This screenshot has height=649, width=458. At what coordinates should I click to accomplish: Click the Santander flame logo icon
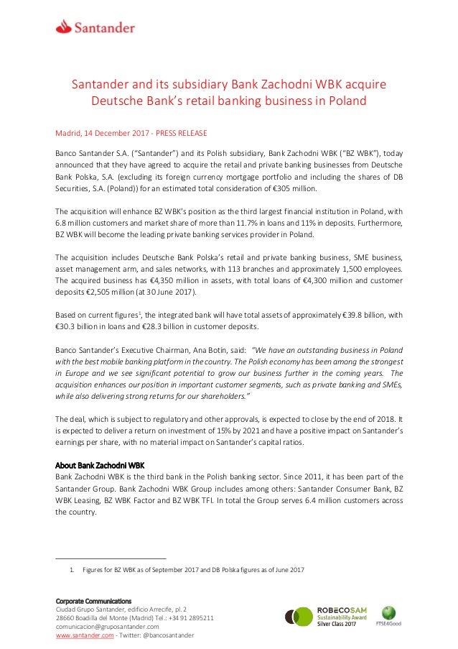[66, 27]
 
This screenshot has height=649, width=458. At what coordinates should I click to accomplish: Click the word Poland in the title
[347, 101]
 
